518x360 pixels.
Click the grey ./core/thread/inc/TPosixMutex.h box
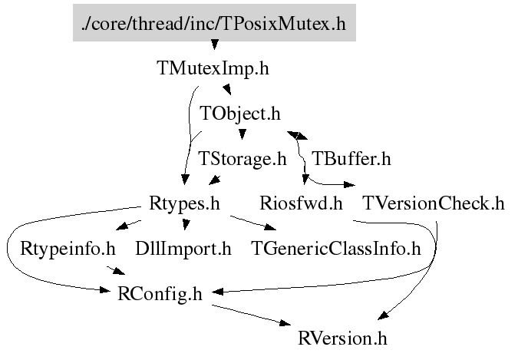pyautogui.click(x=214, y=25)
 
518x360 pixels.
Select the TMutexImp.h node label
pyautogui.click(x=213, y=68)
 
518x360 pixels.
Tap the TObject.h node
pyautogui.click(x=239, y=114)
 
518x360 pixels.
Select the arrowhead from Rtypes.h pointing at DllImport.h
pyautogui.click(x=185, y=224)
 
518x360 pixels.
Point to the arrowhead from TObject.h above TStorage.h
pyautogui.click(x=243, y=136)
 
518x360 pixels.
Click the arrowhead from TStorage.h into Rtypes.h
pyautogui.click(x=215, y=181)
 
